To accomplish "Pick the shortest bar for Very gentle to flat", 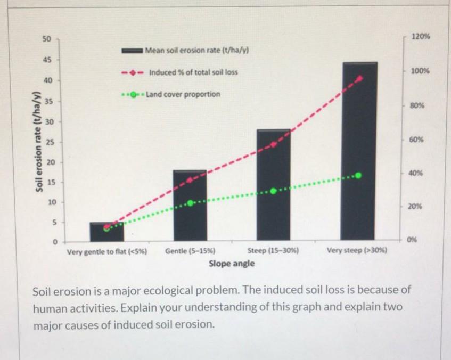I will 106,231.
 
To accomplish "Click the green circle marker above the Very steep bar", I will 358,175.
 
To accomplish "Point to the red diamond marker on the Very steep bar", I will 360,78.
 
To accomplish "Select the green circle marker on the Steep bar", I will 274,191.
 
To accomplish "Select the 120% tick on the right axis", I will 421,38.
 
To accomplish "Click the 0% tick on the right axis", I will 414,240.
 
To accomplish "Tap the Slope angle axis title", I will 231,263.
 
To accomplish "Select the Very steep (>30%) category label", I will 357,250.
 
